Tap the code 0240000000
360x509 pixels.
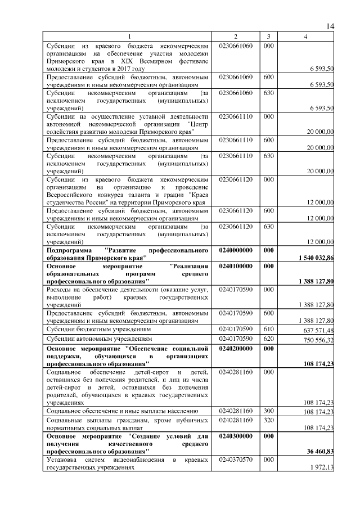pyautogui.click(x=236, y=250)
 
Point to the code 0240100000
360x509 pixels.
pyautogui.click(x=236, y=265)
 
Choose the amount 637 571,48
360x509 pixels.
pyautogui.click(x=318, y=330)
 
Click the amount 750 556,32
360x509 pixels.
pyautogui.click(x=318, y=340)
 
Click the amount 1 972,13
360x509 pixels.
pyautogui.click(x=322, y=468)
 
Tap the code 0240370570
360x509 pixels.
pyautogui.click(x=236, y=461)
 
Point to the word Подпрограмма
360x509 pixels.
pyautogui.click(x=67, y=249)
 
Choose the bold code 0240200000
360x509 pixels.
pyautogui.click(x=236, y=349)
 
